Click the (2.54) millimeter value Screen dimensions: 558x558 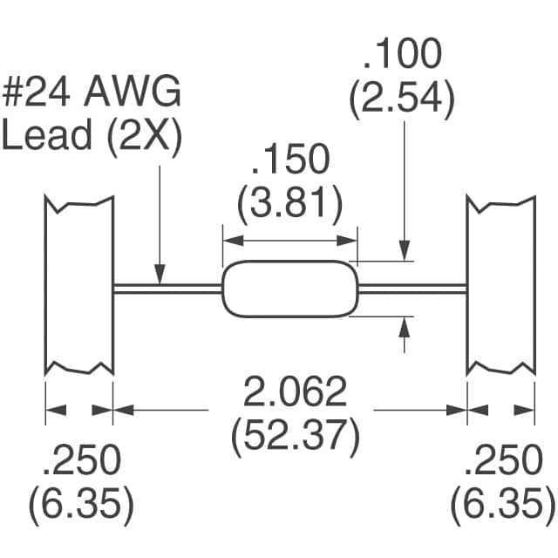402,102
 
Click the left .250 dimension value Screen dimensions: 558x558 81,459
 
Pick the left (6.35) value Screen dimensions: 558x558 81,503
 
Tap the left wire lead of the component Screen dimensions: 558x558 166,289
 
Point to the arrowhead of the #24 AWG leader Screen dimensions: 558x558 160,277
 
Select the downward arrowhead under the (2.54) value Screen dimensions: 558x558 405,254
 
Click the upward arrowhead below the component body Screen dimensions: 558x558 405,324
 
